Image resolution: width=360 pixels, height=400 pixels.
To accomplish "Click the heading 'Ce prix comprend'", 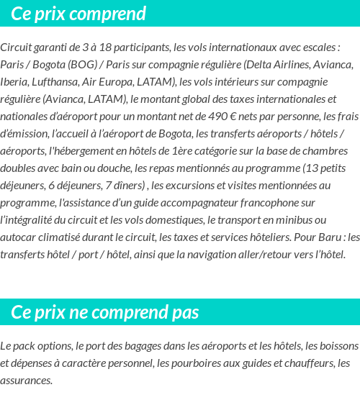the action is (78, 14).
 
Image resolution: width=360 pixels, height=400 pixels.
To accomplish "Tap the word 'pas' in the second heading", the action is (183, 312).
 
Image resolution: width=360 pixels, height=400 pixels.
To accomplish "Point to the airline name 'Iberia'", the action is (14, 81).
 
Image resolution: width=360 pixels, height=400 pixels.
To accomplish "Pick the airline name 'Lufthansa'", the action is (62, 81).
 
